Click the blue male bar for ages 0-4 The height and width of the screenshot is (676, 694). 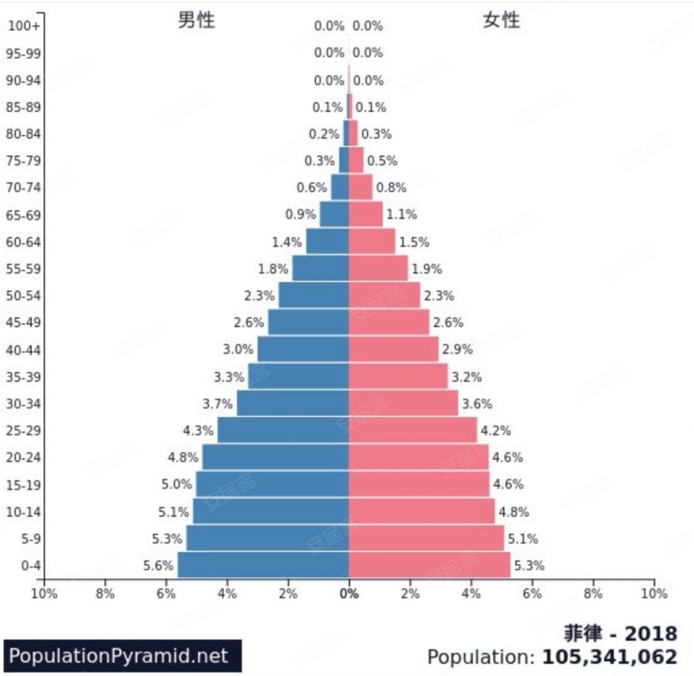click(x=263, y=565)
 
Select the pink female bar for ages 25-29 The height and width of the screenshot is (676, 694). click(x=413, y=430)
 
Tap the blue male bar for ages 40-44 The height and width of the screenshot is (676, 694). click(x=303, y=349)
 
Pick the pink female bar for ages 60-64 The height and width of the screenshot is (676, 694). click(x=371, y=242)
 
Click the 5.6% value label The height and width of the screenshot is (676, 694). click(x=158, y=565)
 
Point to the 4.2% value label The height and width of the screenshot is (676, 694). click(x=495, y=431)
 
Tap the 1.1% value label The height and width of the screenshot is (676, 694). click(x=401, y=214)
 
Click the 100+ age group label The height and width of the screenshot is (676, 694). click(x=24, y=26)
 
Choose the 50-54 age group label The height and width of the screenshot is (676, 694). click(x=24, y=296)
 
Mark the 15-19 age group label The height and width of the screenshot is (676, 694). click(x=24, y=485)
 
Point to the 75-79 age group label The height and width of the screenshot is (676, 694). click(x=24, y=161)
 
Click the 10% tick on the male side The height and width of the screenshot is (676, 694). click(x=44, y=594)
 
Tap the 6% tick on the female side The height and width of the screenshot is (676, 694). click(x=532, y=594)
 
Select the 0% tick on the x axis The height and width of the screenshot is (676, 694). click(x=349, y=594)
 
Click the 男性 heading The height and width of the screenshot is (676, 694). click(x=196, y=21)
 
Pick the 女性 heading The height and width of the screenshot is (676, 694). click(x=501, y=21)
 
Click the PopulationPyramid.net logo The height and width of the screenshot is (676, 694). click(x=122, y=655)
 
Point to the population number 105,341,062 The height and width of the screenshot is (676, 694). click(x=610, y=657)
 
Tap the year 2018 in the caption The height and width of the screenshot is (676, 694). click(x=651, y=634)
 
